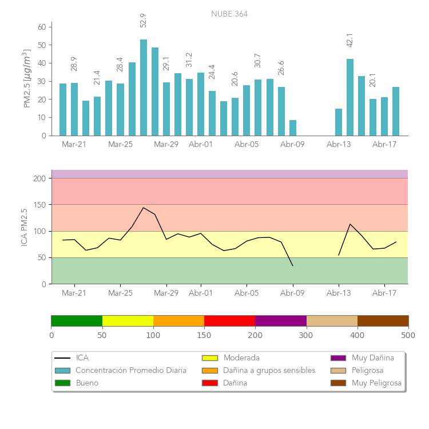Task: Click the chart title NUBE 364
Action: [x=229, y=14]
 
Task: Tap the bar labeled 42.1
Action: [x=350, y=97]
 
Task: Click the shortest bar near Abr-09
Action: [x=293, y=128]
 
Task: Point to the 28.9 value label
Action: [x=74, y=63]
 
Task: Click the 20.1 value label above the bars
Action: [x=373, y=80]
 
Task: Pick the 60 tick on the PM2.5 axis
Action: [x=42, y=27]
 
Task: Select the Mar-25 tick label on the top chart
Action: [x=120, y=145]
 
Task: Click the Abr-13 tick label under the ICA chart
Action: [x=339, y=293]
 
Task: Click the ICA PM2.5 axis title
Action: [x=24, y=227]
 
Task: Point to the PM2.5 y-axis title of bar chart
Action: [x=26, y=79]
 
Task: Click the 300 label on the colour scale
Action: [x=307, y=335]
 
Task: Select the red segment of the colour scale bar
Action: [x=229, y=320]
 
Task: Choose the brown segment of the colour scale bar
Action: [x=383, y=320]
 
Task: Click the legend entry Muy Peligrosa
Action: [x=376, y=383]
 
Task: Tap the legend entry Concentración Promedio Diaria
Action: [x=131, y=371]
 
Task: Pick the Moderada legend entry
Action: [x=241, y=358]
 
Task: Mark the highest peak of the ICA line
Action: [x=144, y=208]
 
